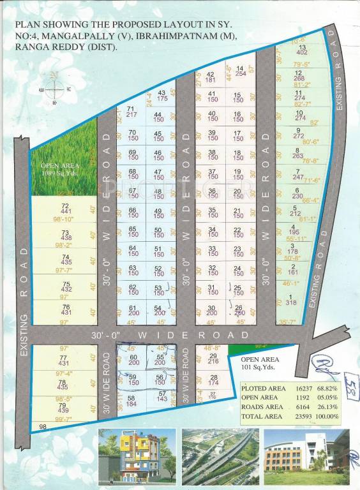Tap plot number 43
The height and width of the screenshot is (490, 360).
click(161, 96)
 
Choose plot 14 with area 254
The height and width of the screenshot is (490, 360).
click(240, 71)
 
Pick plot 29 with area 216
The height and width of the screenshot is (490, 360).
click(214, 359)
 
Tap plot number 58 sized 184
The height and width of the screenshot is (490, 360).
click(131, 400)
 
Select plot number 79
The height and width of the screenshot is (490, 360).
click(63, 407)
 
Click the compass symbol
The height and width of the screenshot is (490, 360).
click(56, 87)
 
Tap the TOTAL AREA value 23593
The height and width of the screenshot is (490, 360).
click(303, 416)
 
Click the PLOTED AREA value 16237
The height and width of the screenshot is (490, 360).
click(303, 387)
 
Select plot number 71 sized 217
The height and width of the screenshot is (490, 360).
click(132, 112)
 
